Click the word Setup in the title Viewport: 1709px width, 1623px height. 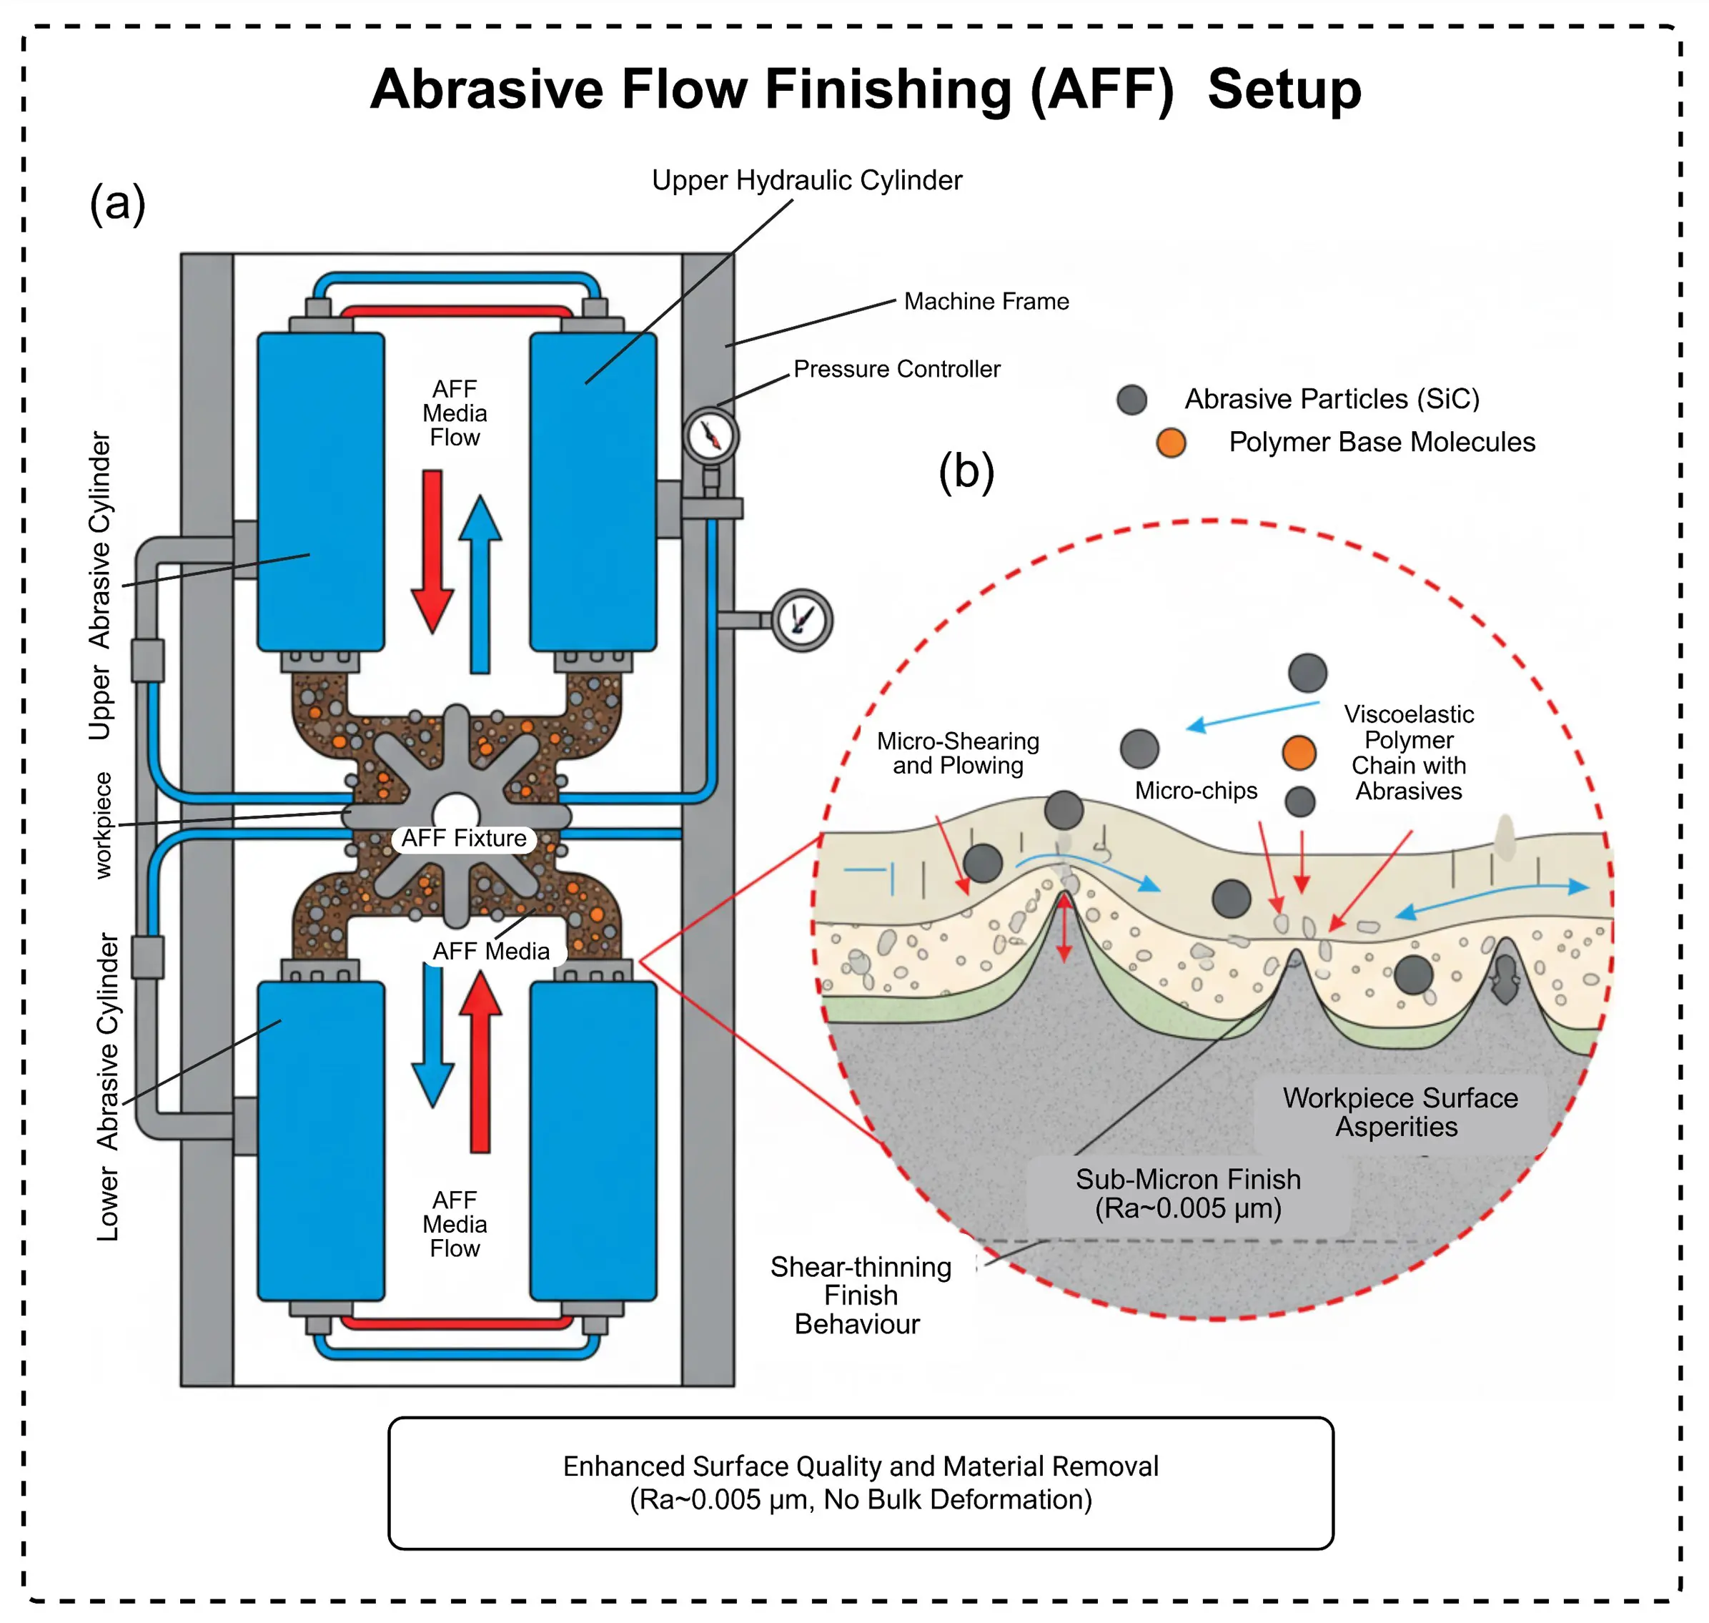click(x=1284, y=90)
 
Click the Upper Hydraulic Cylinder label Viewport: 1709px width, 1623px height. click(x=806, y=180)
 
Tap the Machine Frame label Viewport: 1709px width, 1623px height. click(x=986, y=301)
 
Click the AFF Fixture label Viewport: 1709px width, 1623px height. click(x=464, y=839)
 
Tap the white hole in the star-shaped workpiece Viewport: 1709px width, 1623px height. click(x=456, y=814)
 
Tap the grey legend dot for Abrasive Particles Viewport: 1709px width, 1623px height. click(x=1131, y=400)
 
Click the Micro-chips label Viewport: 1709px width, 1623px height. click(x=1195, y=790)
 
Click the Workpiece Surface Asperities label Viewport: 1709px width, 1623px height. click(x=1400, y=1112)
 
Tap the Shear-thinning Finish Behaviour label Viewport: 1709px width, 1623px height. click(x=861, y=1295)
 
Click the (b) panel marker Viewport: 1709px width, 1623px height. click(x=966, y=471)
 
